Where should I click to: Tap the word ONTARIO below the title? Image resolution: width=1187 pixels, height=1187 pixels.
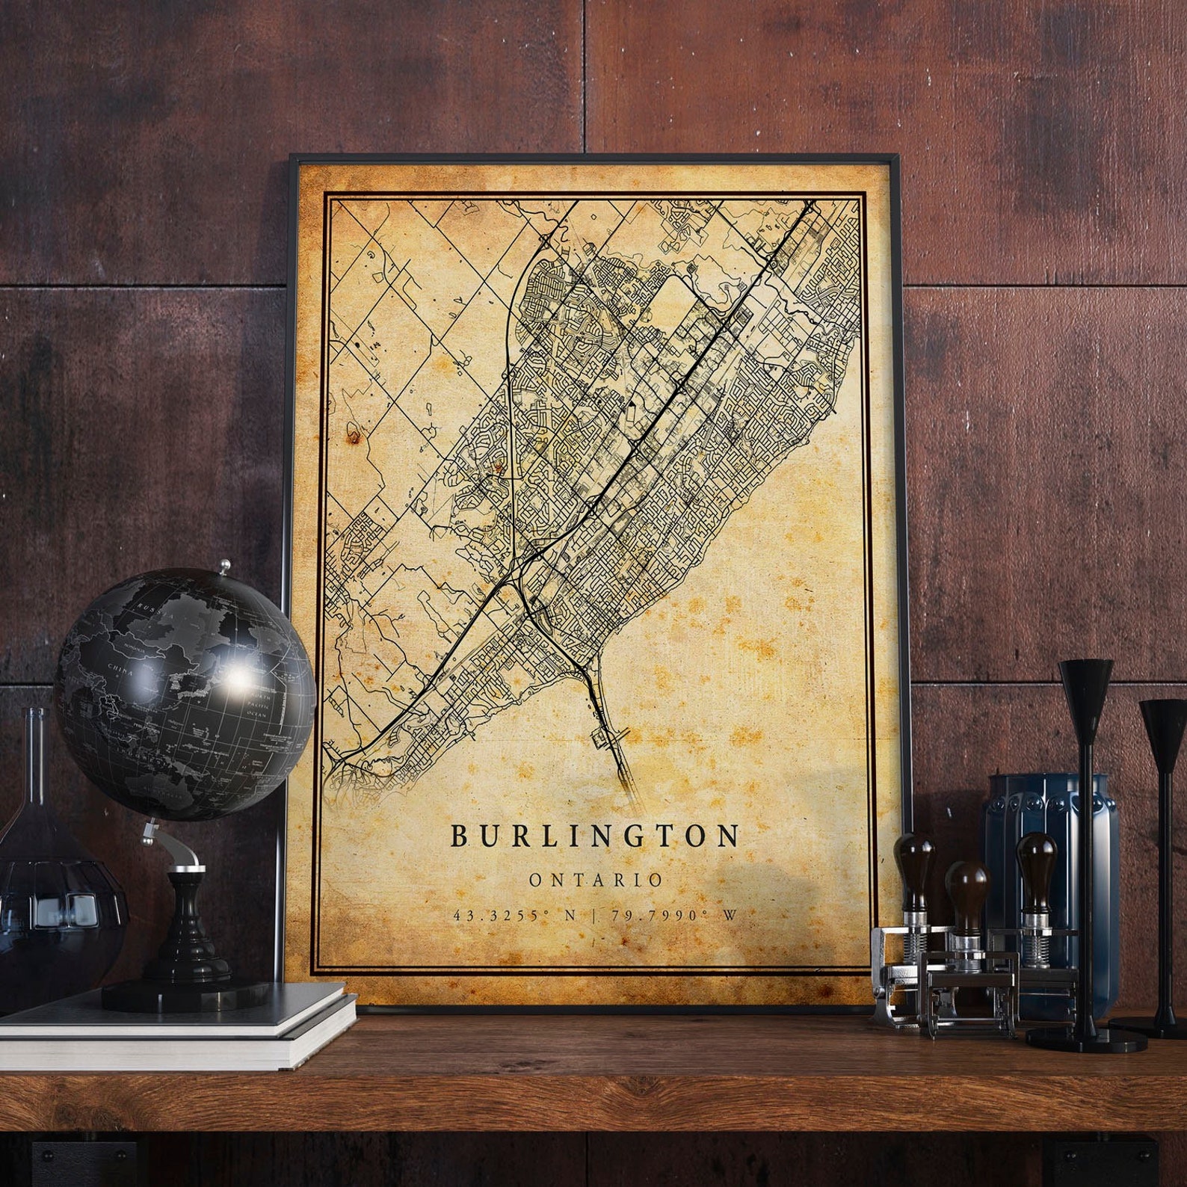click(x=596, y=880)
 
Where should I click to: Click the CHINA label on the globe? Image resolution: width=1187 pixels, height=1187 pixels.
click(x=121, y=672)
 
